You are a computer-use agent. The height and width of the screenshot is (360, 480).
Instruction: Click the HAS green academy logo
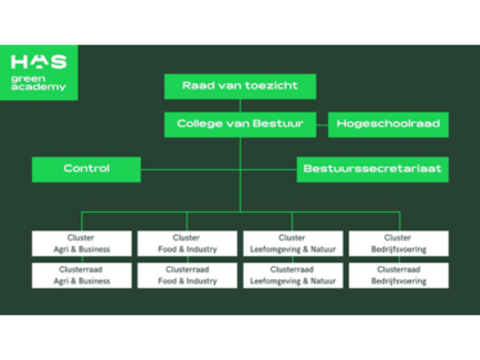tap(39, 71)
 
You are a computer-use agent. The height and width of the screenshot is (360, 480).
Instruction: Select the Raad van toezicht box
tap(240, 86)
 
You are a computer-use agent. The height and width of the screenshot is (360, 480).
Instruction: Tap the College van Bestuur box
tap(240, 124)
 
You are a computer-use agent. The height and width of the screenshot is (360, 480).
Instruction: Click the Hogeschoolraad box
tap(388, 124)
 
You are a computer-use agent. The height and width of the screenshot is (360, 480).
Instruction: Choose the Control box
tap(86, 169)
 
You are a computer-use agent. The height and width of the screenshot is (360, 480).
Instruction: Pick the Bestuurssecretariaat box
tap(372, 169)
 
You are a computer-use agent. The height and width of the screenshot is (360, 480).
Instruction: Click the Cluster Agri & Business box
tap(81, 243)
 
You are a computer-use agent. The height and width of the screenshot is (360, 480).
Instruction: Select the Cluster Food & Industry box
tap(187, 243)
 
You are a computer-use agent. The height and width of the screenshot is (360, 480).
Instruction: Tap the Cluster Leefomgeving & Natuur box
tap(293, 243)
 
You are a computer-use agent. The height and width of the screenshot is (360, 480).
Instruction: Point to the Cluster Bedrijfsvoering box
tap(398, 243)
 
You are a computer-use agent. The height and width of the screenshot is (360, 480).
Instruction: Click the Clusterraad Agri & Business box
tap(81, 275)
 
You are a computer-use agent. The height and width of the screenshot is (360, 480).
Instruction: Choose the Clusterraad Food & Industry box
tap(187, 275)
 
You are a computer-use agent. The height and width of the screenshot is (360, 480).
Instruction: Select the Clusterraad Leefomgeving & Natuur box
tap(293, 275)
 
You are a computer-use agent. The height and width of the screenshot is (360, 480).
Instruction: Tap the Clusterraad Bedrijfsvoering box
tap(398, 275)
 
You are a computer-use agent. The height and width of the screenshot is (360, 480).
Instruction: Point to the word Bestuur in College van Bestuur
tap(280, 124)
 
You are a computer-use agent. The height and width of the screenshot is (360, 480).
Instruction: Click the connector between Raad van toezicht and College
tap(240, 105)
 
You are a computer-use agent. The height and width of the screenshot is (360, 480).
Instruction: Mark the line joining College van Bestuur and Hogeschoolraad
tap(322, 124)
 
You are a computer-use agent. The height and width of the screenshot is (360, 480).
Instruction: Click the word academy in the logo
tap(39, 87)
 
